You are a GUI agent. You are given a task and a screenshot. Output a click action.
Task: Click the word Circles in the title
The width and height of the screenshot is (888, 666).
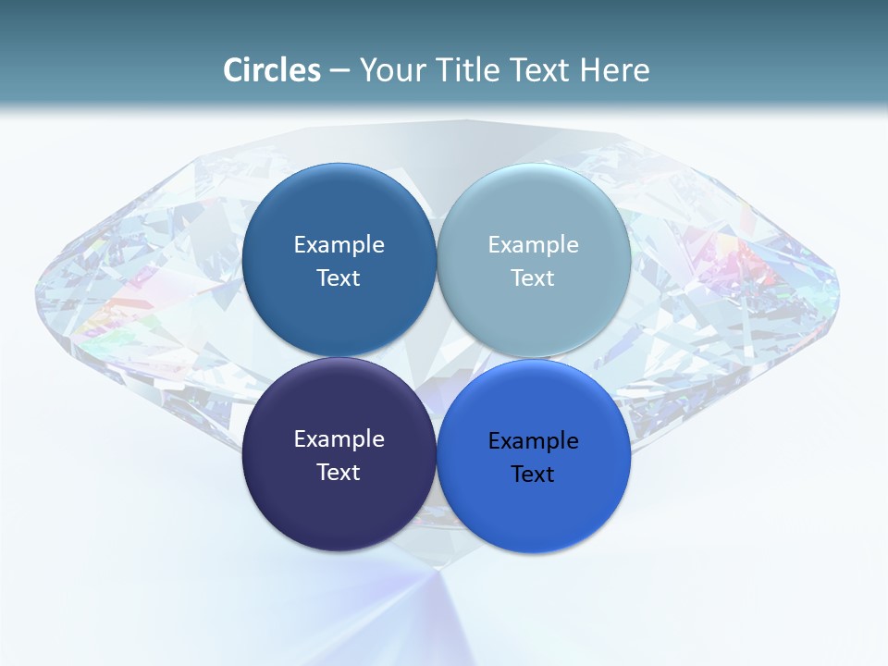click(x=271, y=70)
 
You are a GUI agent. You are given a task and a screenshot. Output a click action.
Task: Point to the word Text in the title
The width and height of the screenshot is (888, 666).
click(x=539, y=70)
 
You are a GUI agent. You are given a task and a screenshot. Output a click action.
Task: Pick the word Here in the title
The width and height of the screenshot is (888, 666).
click(x=614, y=70)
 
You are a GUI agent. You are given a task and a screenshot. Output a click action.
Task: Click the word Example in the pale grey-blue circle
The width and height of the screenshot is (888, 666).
click(x=533, y=245)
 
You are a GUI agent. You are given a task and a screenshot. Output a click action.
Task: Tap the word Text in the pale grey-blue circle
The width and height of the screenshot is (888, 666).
click(x=533, y=278)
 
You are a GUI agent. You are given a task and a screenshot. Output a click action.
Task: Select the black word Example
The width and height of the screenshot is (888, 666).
click(x=533, y=441)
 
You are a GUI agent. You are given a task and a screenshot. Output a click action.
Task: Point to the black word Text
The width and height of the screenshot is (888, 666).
click(x=533, y=475)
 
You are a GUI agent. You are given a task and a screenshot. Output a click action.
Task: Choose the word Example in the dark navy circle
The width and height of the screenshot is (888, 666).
click(x=339, y=439)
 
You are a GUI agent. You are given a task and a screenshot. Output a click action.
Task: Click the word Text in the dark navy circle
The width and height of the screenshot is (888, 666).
click(x=339, y=473)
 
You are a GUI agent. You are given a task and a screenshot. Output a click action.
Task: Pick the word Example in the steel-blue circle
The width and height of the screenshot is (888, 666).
click(x=339, y=245)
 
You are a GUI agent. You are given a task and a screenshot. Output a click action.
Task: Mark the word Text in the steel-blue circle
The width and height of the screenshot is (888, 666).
click(x=339, y=278)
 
